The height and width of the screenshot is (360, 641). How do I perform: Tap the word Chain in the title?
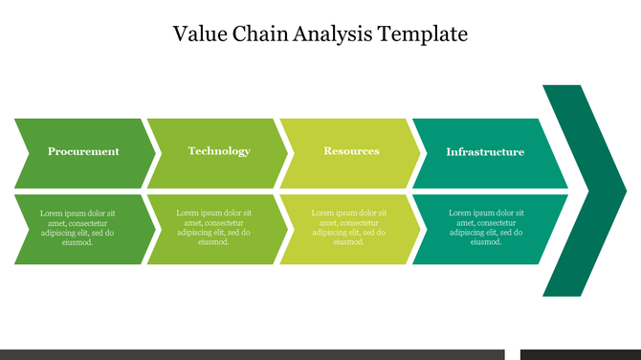pos(254,34)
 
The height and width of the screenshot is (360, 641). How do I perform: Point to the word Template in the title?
pos(423,34)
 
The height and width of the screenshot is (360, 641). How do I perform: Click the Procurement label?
pos(83,151)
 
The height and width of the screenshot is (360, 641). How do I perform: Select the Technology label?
pos(219,151)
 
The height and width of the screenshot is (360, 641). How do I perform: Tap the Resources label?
pos(351,151)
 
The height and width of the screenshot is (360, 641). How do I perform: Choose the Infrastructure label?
pos(485,152)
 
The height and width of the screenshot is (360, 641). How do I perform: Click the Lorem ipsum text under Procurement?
pos(77,228)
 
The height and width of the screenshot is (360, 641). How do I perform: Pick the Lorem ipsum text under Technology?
pos(214,228)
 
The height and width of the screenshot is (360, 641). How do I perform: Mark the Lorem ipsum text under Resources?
pos(350,228)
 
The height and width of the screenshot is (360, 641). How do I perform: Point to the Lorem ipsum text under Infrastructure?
pos(486,228)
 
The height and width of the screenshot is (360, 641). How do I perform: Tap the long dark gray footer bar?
pos(252,354)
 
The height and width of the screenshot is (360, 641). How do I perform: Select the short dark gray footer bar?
pos(580,354)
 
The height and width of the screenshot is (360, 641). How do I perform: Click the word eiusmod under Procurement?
pos(77,242)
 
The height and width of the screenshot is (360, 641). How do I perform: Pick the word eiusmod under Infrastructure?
pos(486,242)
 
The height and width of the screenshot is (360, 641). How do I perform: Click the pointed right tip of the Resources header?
pos(417,153)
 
